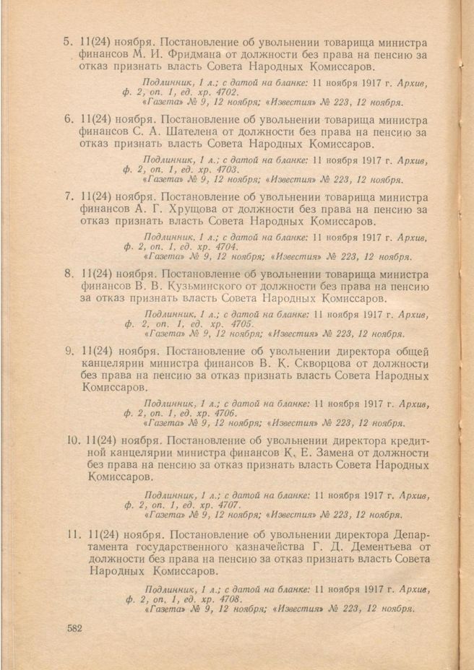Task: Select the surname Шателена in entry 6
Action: tap(203, 132)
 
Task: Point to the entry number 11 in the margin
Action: tap(71, 535)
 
